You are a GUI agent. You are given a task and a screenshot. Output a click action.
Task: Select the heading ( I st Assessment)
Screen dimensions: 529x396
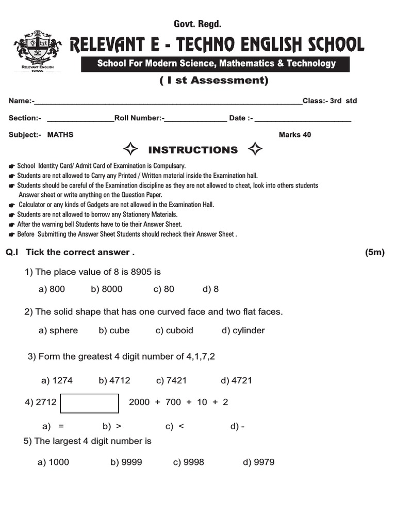[214, 81]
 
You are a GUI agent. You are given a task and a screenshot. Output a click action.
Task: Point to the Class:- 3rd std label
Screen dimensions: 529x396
[329, 101]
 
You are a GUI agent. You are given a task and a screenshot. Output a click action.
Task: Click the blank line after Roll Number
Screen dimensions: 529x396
[195, 119]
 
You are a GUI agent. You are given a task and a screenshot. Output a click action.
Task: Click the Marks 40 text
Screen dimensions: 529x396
[295, 135]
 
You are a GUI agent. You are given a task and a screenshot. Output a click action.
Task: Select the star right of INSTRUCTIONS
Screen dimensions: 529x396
[255, 150]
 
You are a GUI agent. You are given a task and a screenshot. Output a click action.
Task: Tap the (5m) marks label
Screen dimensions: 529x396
[375, 252]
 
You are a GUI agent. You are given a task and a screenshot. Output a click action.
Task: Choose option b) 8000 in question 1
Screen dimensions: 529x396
[107, 289]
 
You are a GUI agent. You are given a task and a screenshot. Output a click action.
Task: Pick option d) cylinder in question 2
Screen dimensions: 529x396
[243, 331]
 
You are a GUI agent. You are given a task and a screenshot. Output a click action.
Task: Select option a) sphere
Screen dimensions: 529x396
[58, 331]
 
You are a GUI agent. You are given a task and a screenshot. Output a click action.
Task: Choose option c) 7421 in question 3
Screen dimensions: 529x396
[171, 381]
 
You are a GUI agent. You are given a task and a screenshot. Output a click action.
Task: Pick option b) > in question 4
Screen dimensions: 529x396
[112, 426]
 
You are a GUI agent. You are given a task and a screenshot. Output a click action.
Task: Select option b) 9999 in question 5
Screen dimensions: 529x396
[126, 462]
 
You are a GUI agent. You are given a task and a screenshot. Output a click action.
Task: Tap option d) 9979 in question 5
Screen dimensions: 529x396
[259, 462]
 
